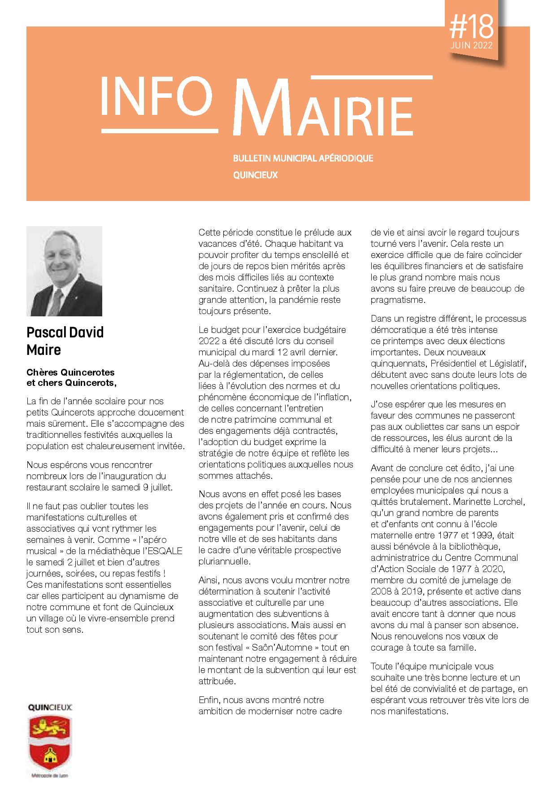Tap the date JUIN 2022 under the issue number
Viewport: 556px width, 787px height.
(471, 46)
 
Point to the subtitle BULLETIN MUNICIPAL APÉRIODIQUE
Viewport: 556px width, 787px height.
(303, 158)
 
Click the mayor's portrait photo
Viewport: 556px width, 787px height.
(64, 271)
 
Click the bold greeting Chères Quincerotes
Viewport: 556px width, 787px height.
(70, 372)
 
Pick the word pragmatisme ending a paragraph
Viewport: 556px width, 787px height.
(398, 300)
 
